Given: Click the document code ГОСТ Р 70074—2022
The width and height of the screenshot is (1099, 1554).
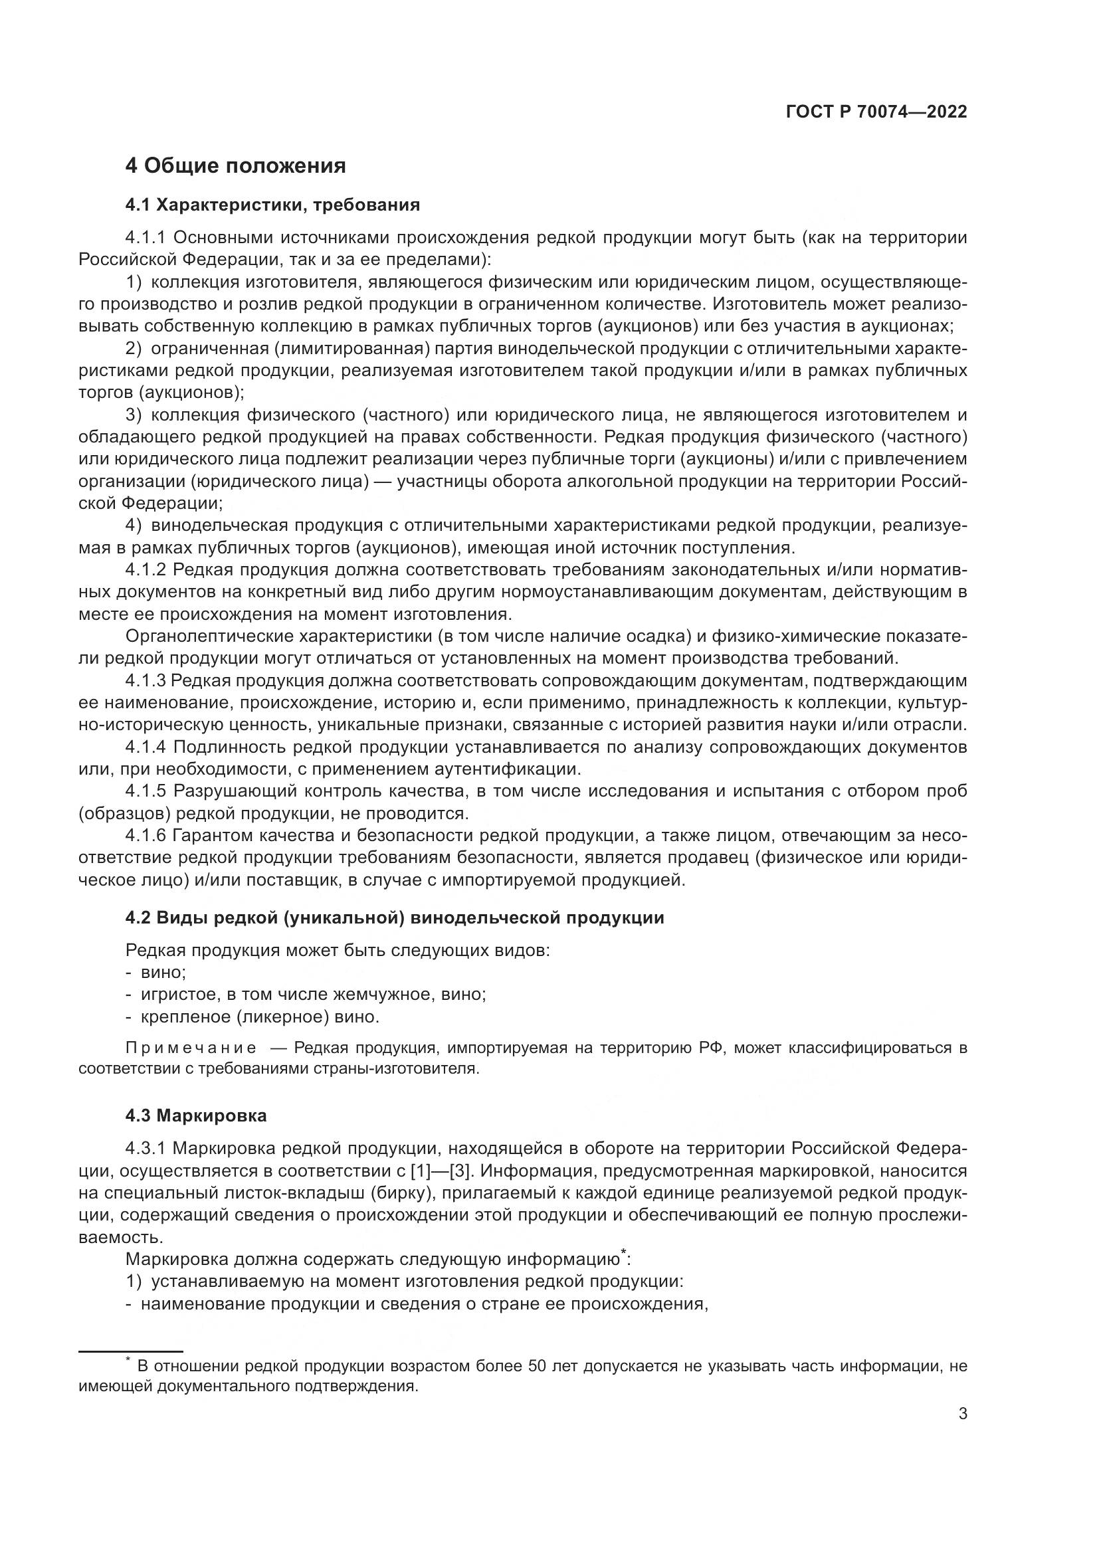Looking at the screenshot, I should click(876, 112).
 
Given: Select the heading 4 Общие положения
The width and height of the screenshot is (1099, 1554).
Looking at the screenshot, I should click(235, 165).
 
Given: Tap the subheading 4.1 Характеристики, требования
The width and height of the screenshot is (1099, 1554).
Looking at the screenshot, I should click(272, 205).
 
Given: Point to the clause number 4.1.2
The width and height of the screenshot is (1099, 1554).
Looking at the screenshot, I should click(146, 570).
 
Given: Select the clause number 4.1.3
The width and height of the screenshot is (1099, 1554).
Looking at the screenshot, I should click(146, 680).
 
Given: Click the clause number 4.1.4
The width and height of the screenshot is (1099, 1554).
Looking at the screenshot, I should click(146, 747).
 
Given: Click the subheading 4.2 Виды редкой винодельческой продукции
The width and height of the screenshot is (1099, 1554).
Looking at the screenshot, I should click(395, 918).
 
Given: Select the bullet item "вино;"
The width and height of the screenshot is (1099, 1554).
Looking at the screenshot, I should click(163, 973).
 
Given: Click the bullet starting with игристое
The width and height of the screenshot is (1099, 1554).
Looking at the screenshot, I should click(314, 995).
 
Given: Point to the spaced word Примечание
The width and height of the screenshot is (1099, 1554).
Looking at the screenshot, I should click(191, 1048).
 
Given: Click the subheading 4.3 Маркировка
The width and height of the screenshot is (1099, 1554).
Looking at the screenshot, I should click(196, 1116).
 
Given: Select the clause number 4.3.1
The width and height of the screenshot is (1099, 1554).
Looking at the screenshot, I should click(146, 1149).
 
